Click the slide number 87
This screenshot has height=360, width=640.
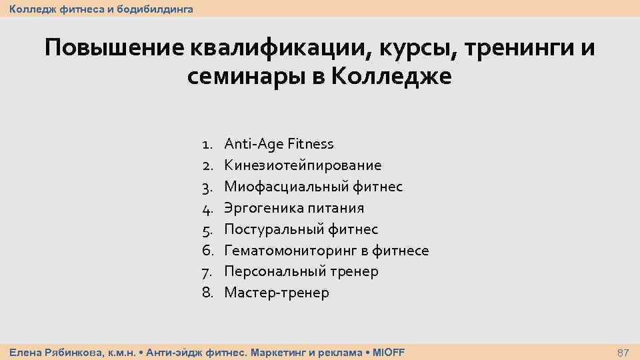click(624, 352)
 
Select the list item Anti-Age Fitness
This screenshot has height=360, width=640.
click(279, 144)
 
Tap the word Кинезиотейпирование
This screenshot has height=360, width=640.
click(303, 165)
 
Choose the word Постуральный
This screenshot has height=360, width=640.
click(274, 229)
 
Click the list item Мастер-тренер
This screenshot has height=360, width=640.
click(276, 293)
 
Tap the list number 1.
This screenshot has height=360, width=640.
click(207, 144)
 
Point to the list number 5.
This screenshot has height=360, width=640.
click(207, 229)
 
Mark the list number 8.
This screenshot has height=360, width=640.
click(207, 293)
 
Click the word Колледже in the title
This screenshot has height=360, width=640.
click(391, 77)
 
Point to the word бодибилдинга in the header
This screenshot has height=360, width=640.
click(155, 9)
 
